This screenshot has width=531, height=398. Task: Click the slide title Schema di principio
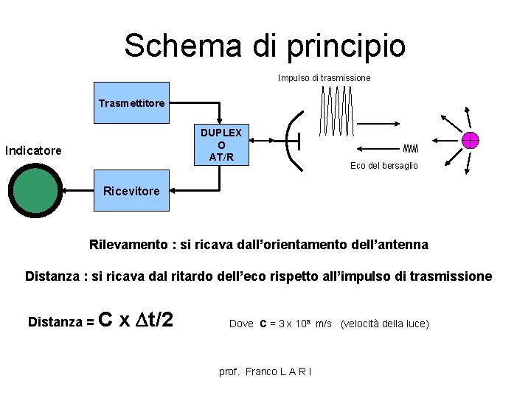coord(265,46)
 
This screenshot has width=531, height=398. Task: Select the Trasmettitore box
coord(132,102)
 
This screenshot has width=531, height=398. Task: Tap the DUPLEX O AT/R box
coord(221,144)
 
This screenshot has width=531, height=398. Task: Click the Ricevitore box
coord(131,191)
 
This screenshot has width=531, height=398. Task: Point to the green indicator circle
coord(35,189)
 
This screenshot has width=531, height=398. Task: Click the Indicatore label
coord(33,151)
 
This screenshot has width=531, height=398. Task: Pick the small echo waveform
coord(411,149)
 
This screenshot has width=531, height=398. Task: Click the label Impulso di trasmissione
coord(324,77)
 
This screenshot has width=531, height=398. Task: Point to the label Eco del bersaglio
coord(383,166)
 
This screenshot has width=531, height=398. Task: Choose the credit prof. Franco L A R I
coord(265,371)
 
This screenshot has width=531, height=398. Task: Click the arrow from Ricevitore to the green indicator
coord(78,190)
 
